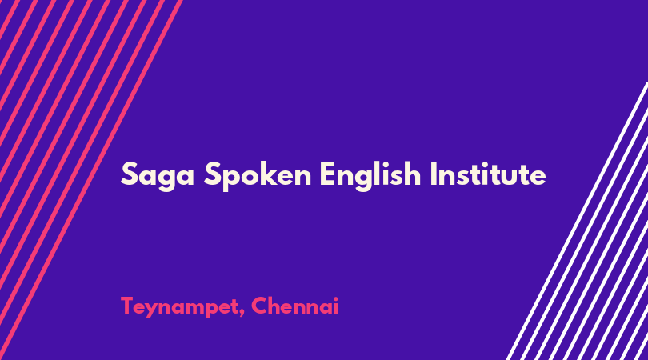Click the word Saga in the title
158,175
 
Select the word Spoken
258,175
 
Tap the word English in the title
370,175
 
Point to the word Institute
488,174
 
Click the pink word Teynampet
179,307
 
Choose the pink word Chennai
294,306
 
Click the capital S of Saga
129,174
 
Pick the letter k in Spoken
265,174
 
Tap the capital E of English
327,174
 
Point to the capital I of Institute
434,174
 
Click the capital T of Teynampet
128,306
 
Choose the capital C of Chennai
259,306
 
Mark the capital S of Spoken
213,174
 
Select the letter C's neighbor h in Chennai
277,306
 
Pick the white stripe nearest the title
577,221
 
